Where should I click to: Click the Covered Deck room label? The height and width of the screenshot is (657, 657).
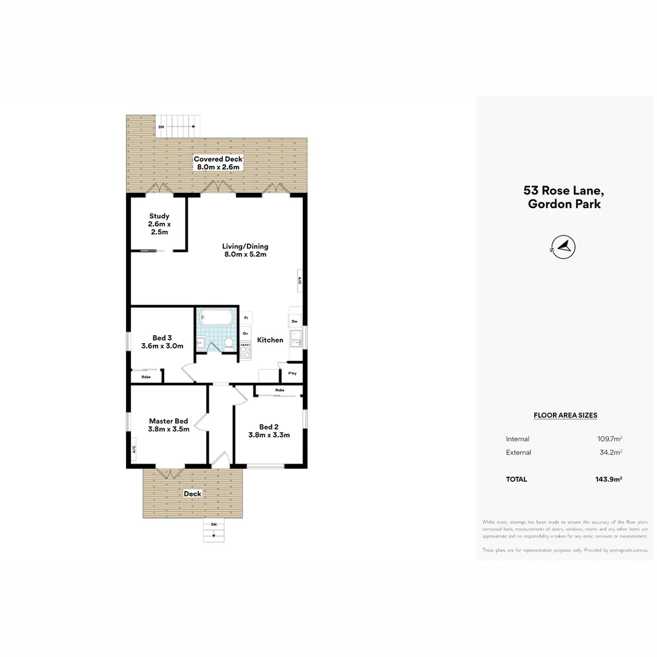click(x=218, y=162)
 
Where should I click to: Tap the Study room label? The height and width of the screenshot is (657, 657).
click(x=159, y=223)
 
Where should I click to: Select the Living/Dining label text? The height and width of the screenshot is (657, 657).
click(x=245, y=250)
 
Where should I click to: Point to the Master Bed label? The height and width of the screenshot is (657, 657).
click(x=169, y=425)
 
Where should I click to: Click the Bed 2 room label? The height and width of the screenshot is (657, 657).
click(x=269, y=431)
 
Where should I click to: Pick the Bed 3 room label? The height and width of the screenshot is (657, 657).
click(x=162, y=342)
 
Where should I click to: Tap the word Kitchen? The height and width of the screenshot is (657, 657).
click(x=270, y=340)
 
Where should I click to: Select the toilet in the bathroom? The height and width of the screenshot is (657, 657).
click(x=228, y=344)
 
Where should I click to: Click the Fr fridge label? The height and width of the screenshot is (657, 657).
click(x=246, y=318)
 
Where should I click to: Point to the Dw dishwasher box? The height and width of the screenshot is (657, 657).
click(x=294, y=321)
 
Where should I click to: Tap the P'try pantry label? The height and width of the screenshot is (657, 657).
click(x=293, y=374)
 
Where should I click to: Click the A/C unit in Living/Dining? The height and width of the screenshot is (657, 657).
click(x=300, y=280)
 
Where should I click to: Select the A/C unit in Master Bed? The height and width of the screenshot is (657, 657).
click(x=133, y=450)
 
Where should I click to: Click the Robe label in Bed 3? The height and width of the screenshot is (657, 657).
click(x=146, y=377)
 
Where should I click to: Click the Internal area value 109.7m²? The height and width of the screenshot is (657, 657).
click(x=610, y=439)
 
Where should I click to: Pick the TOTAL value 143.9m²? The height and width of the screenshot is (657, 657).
click(x=608, y=479)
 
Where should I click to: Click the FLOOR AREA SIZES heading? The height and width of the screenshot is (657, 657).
click(x=565, y=415)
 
